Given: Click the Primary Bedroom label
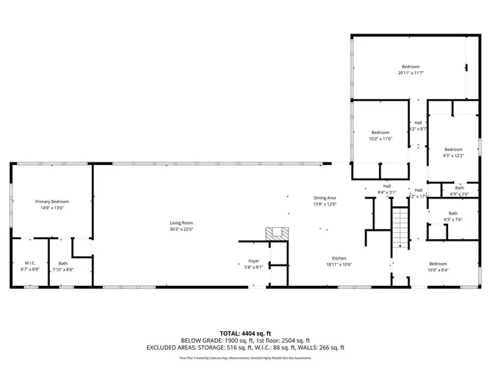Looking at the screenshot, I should coord(52,201).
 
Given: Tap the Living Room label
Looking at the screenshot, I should coord(181,222).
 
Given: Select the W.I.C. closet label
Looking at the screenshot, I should coord(30,263).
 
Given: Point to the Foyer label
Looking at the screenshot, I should coord(253,261).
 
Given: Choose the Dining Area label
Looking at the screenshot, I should coord(325,198).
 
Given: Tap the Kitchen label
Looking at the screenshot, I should coord(339,258).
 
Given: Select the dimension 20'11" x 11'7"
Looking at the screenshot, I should coord(410,73).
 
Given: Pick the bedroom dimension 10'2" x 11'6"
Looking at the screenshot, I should coord(381,139).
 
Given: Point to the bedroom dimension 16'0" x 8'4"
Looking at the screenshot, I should coord(437,270).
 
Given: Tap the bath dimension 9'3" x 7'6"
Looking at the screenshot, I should coord(453,220).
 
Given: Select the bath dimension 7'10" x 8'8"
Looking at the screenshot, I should coord(63,270).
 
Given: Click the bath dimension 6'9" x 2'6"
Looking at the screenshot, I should coord(459,194).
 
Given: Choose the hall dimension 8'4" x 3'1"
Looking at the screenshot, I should coord(387,192).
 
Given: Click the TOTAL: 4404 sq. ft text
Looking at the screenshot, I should coord(245,333).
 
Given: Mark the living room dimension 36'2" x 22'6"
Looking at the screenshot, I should coord(181,228).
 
